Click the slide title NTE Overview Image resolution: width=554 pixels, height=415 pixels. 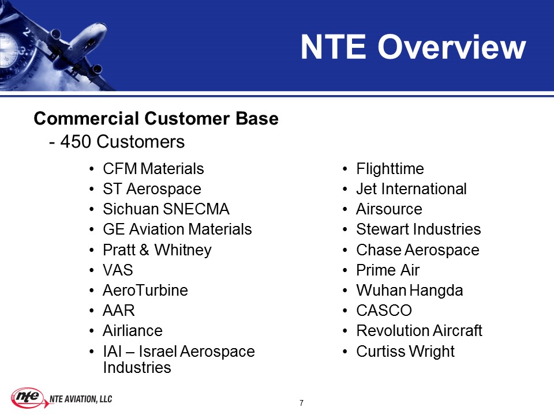tap(413, 47)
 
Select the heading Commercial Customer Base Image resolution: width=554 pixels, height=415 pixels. tap(156, 118)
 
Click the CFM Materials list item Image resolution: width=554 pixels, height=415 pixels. tap(154, 169)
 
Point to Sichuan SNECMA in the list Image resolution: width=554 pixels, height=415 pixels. tap(166, 209)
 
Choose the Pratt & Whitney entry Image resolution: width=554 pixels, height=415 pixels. tap(157, 250)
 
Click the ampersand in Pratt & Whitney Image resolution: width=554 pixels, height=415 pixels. tap(144, 250)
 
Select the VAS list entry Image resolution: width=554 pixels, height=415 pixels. tap(118, 270)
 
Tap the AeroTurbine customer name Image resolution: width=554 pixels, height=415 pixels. tap(145, 290)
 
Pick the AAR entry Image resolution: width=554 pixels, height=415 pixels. tap(119, 311)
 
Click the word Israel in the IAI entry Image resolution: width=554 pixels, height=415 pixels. tap(158, 351)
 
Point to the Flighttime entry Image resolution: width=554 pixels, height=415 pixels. tap(390, 169)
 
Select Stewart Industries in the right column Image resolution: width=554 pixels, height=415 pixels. tap(418, 229)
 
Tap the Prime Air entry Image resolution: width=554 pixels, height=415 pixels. tap(388, 270)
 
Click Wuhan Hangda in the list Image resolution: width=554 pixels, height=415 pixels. tap(410, 290)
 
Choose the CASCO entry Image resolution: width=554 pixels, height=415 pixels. tap(384, 311)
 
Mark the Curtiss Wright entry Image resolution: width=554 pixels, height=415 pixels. tap(405, 352)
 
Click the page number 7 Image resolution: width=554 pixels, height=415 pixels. tap(301, 403)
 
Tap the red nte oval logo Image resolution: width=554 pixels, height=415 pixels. tap(27, 398)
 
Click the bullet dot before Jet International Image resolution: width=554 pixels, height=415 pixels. tap(345, 190)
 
